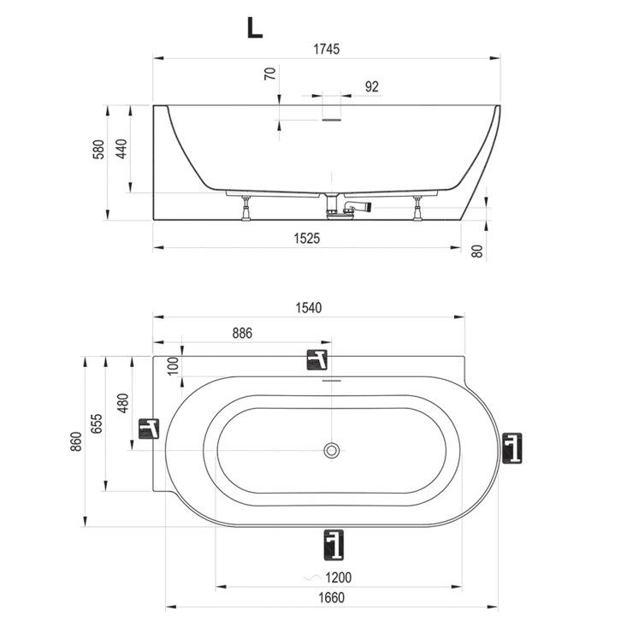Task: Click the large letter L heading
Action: [255, 28]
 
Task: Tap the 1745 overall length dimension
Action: [327, 50]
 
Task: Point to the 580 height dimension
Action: [98, 150]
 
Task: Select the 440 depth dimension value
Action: [121, 149]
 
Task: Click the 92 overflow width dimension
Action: [372, 86]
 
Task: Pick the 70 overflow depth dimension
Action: [270, 74]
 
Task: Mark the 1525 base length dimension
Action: [307, 239]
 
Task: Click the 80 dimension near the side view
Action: [477, 251]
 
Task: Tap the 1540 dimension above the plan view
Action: [309, 308]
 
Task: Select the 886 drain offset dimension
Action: [242, 333]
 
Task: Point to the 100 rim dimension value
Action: [173, 366]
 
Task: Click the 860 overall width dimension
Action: [76, 441]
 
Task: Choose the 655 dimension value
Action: [97, 423]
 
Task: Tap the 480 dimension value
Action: [122, 403]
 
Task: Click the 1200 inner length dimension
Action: [338, 577]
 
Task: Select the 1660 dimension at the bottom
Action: [331, 597]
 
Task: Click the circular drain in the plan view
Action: [331, 450]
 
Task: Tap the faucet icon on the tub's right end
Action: [512, 448]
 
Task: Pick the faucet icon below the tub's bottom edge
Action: [334, 545]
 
